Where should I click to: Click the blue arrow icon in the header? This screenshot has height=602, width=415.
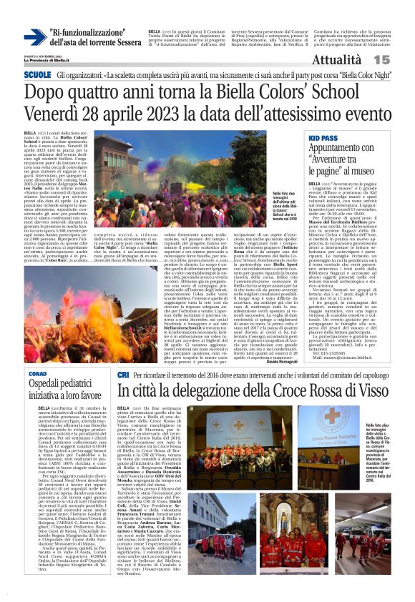click(x=35, y=37)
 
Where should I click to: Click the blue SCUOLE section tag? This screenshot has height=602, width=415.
click(x=37, y=74)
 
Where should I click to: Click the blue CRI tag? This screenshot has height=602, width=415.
click(x=123, y=375)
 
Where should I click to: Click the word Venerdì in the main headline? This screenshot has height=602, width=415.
click(x=53, y=114)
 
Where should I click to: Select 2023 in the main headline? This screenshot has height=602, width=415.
click(x=162, y=114)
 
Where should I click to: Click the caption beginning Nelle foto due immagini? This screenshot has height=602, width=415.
click(x=285, y=193)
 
